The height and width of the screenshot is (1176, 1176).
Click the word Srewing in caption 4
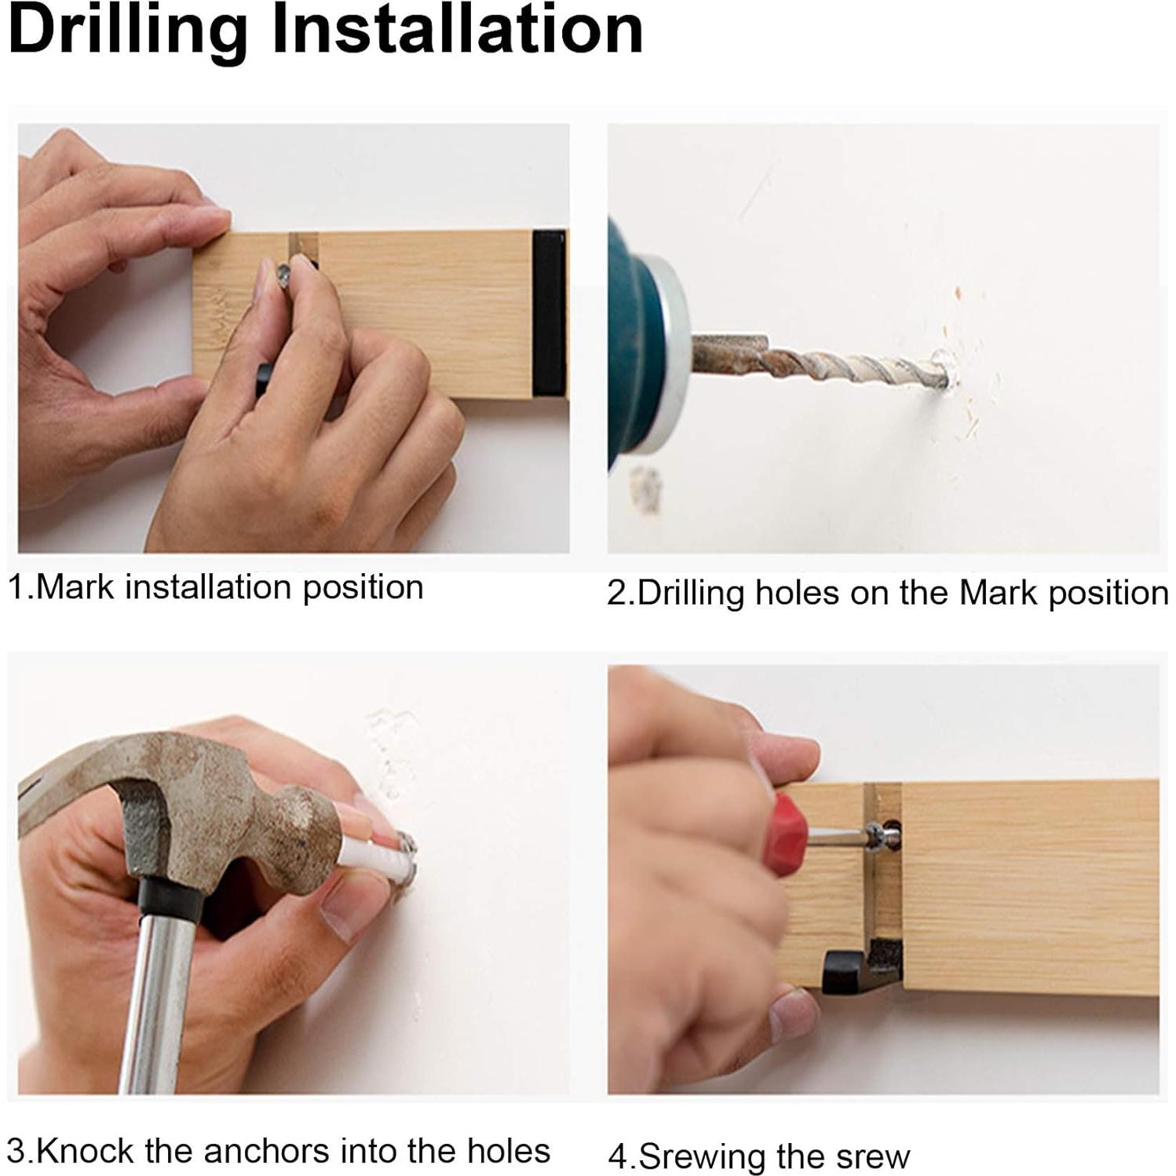point(702,1157)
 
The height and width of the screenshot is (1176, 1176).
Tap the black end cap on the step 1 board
point(549,313)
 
